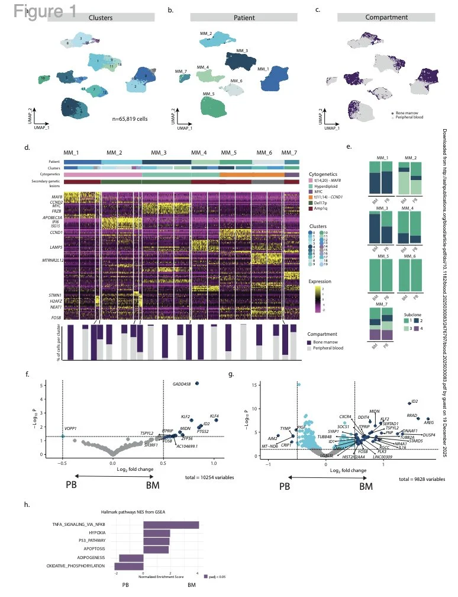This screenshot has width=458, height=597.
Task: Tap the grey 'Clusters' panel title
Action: click(100, 18)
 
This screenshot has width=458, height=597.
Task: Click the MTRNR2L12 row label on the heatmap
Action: click(50, 259)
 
